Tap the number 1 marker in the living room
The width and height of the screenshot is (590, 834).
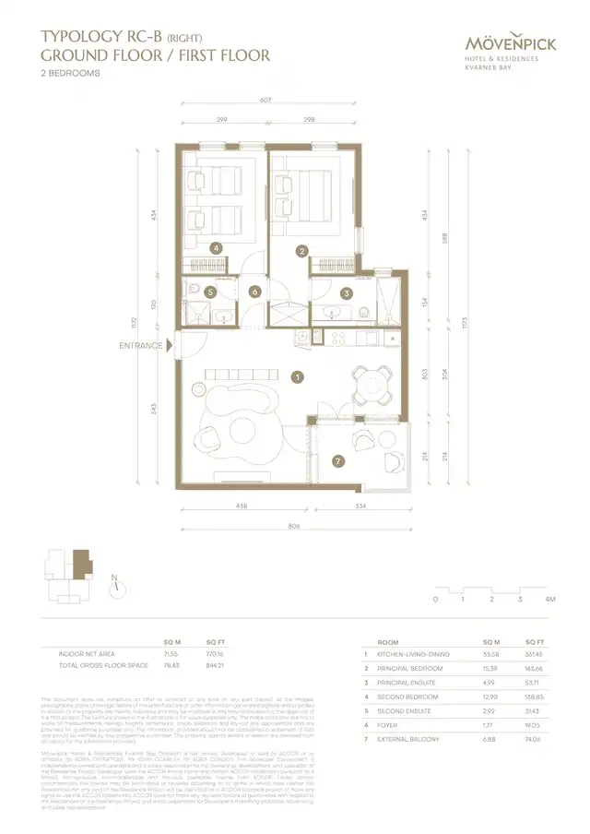[x=297, y=376]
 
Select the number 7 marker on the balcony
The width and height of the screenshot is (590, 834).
[x=338, y=460]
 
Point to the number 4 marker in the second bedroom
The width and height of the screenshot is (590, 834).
[x=216, y=248]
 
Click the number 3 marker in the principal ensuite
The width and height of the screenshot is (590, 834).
[x=347, y=293]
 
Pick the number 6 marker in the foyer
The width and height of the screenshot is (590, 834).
[x=255, y=292]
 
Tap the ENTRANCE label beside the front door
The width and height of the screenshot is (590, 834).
[x=141, y=346]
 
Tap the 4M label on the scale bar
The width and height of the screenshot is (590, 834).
[x=550, y=600]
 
